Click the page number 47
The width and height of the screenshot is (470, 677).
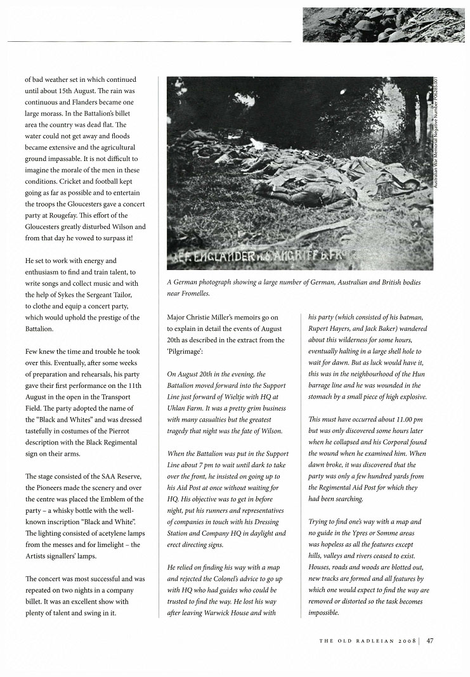coord(429,640)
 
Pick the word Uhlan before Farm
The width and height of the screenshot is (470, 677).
coord(178,409)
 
